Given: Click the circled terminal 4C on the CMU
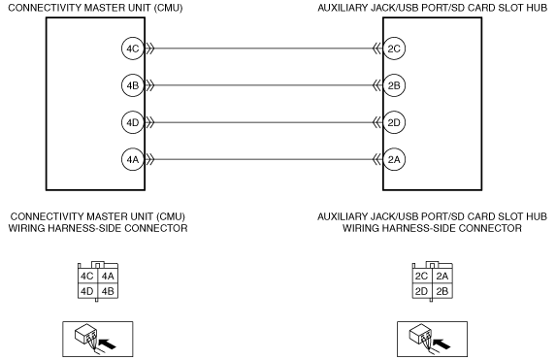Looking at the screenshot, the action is coord(133,49).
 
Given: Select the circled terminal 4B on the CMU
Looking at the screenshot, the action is coord(133,85).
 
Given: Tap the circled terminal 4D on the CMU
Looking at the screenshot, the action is coord(133,122).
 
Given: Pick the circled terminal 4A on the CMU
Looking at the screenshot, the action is coord(133,159).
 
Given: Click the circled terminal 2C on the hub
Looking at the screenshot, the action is coord(394,49).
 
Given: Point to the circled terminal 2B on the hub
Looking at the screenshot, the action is coord(394,85).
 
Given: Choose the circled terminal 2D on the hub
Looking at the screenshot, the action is coord(394,122).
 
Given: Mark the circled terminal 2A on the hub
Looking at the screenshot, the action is coord(394,159).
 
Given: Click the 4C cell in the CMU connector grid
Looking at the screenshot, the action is coord(87,276).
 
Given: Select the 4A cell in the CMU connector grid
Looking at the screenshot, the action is coord(108,276).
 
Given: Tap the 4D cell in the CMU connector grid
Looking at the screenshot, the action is coord(87,291).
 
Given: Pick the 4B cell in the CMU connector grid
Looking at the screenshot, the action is coord(108,291).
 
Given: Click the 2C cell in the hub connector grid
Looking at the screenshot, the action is coord(422,276).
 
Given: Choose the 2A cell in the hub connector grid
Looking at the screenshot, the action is coord(442,276).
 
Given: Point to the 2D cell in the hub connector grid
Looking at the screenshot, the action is coord(422,291).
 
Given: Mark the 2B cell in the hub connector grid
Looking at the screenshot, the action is coord(442,291).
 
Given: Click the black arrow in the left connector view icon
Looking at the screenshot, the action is coord(107,344).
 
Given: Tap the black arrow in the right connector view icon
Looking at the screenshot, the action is coord(442,344).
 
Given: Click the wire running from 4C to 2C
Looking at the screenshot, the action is coord(263,49).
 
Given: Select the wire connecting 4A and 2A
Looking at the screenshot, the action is coord(263,159).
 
